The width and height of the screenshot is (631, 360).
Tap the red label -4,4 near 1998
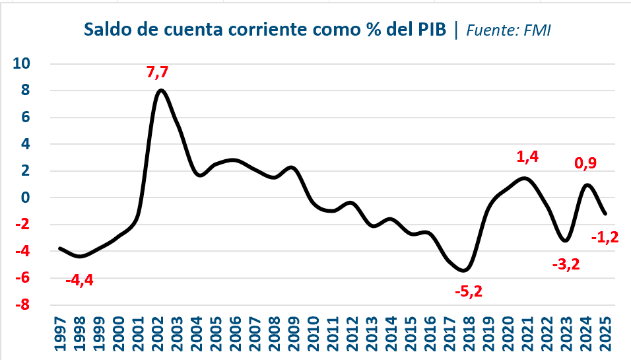pyautogui.click(x=79, y=280)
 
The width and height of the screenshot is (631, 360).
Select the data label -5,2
pyautogui.click(x=469, y=291)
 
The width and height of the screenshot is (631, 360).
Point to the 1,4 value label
pyautogui.click(x=527, y=157)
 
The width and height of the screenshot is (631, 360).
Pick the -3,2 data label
pyautogui.click(x=566, y=264)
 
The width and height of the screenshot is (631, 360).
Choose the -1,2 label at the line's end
pyautogui.click(x=605, y=236)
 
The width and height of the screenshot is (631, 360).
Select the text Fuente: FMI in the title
pyautogui.click(x=509, y=30)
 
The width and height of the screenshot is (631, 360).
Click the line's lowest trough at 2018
pyautogui.click(x=465, y=270)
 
